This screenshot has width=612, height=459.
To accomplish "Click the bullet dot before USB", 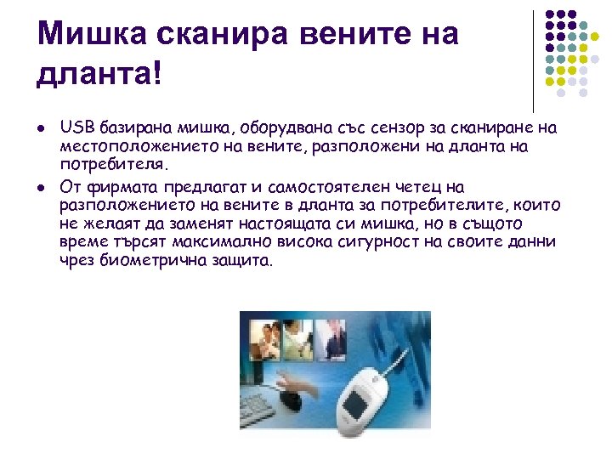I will point(42,129).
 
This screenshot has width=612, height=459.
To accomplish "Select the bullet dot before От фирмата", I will point(42,187).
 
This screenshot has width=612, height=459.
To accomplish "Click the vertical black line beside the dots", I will point(533,59).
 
